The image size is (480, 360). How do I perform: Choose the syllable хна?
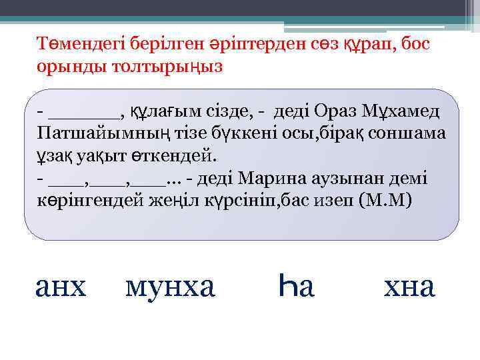pos(409,287)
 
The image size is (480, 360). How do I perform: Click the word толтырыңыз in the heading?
pos(159,67)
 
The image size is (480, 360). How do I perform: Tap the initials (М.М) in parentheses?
pos(385,201)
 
